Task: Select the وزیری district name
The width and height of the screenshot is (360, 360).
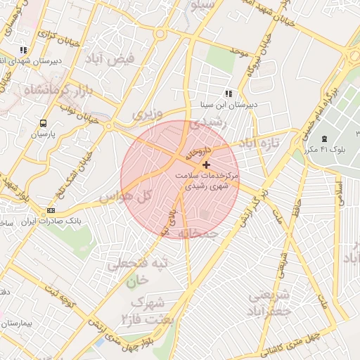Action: click(148, 113)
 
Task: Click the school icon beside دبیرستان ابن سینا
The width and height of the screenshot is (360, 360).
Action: click(228, 94)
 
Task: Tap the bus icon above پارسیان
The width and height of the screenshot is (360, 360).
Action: click(44, 122)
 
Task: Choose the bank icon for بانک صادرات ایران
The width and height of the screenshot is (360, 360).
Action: click(51, 210)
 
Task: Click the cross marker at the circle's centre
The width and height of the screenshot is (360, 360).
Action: click(205, 165)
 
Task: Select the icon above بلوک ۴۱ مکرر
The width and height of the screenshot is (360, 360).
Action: click(323, 138)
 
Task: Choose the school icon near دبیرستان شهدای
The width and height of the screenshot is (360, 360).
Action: click(23, 50)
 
